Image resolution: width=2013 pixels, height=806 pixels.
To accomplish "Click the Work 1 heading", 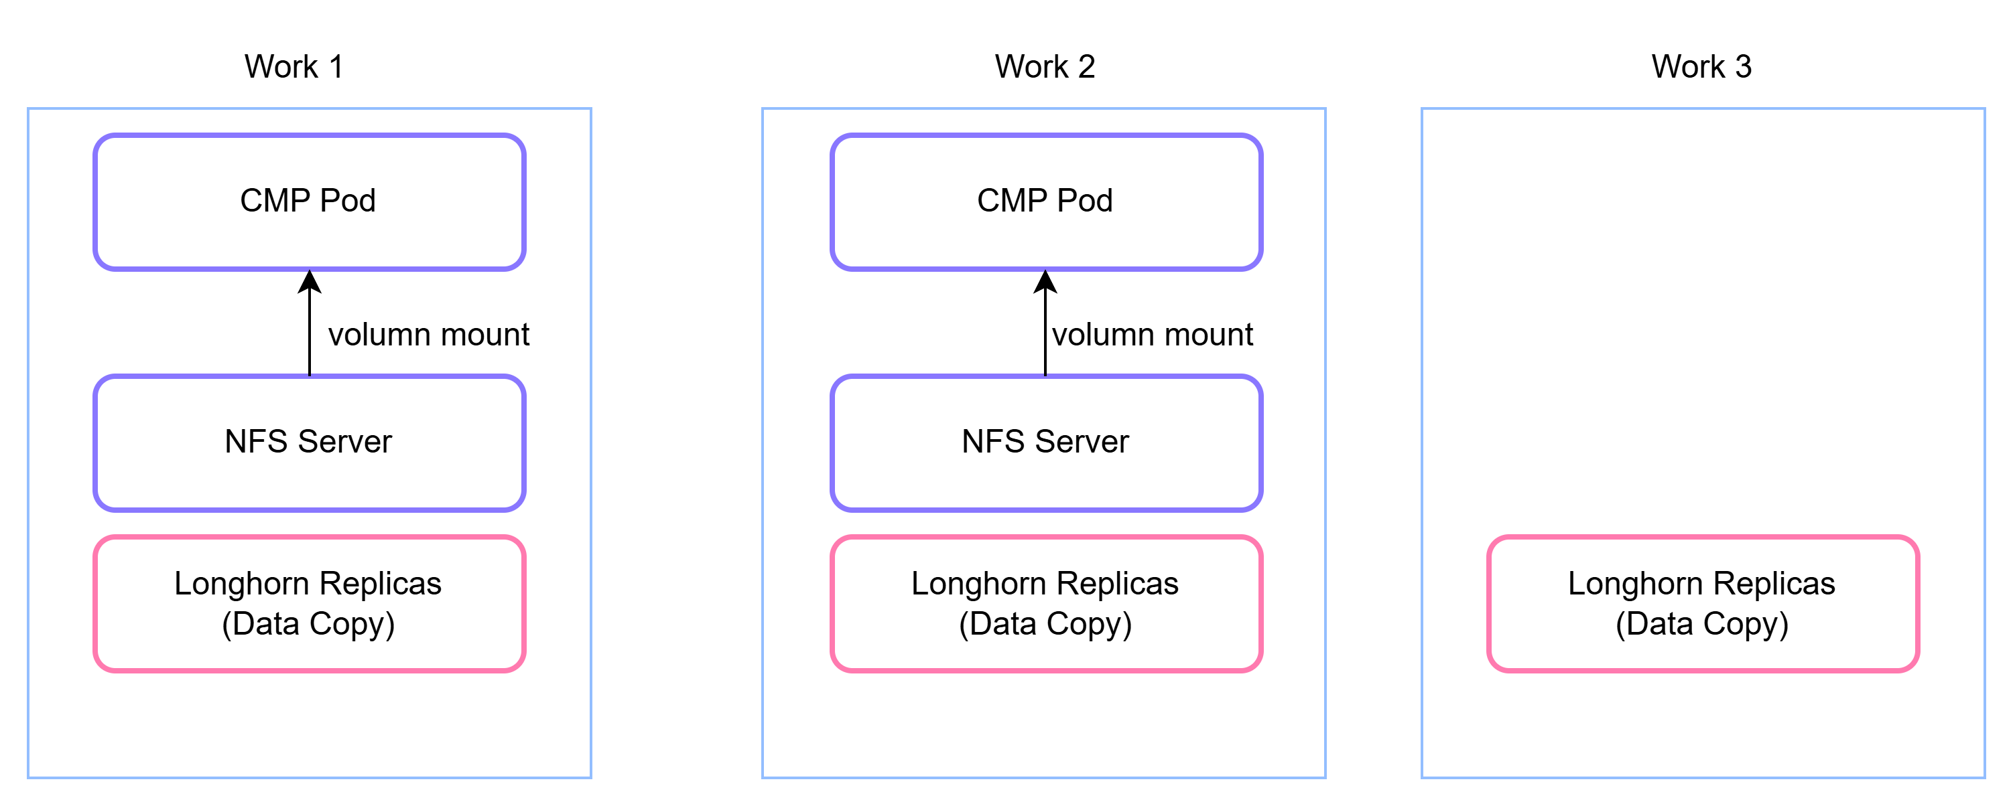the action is pos(294,66).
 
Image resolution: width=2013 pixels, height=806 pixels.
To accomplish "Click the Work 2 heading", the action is pos(1045,66).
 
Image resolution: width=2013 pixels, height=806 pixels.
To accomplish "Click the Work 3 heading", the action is pos(1701,66).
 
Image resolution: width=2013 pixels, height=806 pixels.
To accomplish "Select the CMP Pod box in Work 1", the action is pos(310,202).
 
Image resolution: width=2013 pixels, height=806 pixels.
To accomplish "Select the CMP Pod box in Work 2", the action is pos(1046,202).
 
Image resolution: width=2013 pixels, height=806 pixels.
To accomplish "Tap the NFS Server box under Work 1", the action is pos(310,443).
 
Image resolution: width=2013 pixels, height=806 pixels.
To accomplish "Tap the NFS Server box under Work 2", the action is pos(1046,443).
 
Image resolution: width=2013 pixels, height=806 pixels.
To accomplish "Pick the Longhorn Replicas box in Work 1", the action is pos(310,604).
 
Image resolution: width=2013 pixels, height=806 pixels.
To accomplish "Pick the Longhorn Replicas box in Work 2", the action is pos(1046,604).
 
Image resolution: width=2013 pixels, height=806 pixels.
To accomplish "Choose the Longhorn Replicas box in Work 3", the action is pos(1703,604).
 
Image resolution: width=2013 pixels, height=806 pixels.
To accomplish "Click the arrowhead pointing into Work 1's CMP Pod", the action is pos(310,281).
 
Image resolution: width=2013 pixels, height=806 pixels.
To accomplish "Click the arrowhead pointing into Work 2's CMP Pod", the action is pos(1045,281).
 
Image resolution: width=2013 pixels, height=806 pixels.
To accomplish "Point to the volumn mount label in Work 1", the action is pos(428,334).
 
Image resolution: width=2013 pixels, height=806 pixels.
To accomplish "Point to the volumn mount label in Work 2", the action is pos(1152,334).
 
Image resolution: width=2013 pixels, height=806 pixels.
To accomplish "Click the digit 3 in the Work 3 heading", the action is pos(1744,66).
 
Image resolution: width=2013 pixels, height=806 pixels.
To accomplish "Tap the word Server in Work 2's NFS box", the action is pos(1082,441).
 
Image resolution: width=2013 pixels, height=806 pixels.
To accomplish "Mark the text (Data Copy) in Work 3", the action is pos(1702,624).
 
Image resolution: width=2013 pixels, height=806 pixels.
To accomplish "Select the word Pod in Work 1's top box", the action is pos(348,201).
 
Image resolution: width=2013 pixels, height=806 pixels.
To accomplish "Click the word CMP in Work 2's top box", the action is pos(1012,201).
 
